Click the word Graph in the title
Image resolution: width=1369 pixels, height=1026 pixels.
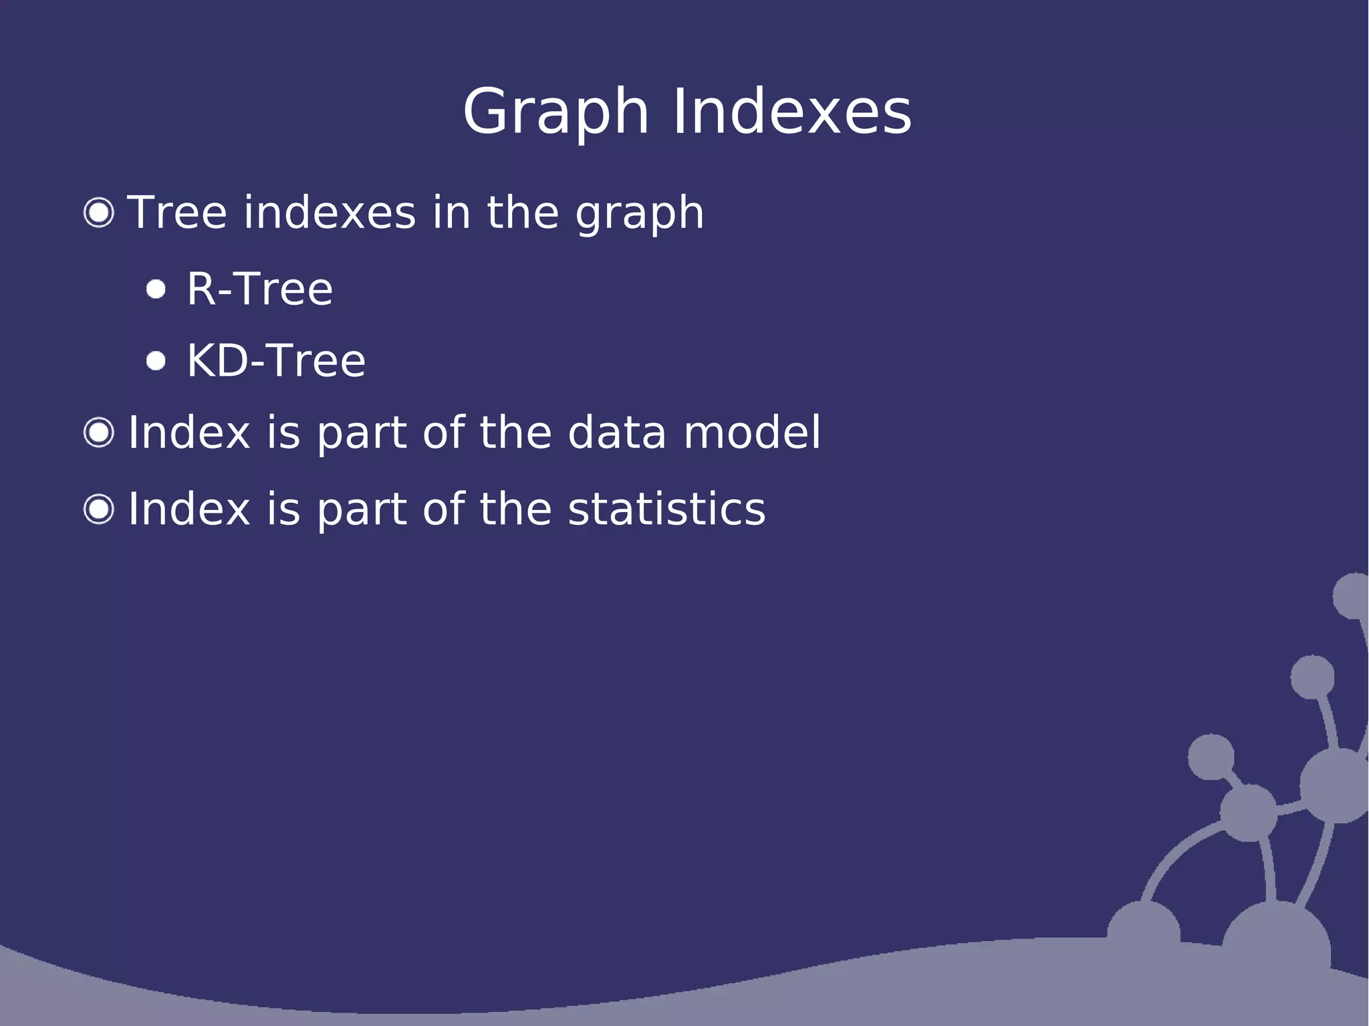click(555, 112)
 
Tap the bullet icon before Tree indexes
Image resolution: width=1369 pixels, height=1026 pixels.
click(99, 213)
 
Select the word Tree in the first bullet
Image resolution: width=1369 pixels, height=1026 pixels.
click(177, 213)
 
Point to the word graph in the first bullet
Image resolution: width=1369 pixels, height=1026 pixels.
click(640, 214)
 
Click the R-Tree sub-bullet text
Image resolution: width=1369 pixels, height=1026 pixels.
click(259, 289)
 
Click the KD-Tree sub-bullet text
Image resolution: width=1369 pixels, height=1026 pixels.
click(275, 361)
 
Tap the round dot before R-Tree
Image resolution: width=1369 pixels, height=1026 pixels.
click(156, 289)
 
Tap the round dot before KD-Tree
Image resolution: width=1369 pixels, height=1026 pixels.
click(156, 361)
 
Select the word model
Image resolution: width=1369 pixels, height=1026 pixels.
click(751, 432)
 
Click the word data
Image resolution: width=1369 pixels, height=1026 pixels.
click(616, 432)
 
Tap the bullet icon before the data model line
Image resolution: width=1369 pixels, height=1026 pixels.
click(99, 432)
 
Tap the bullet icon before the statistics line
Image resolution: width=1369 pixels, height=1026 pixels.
click(99, 509)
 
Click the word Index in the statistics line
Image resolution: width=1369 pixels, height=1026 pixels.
click(189, 509)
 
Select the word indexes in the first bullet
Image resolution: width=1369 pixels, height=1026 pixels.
click(330, 213)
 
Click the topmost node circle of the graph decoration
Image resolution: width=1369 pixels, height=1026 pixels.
click(1352, 596)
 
